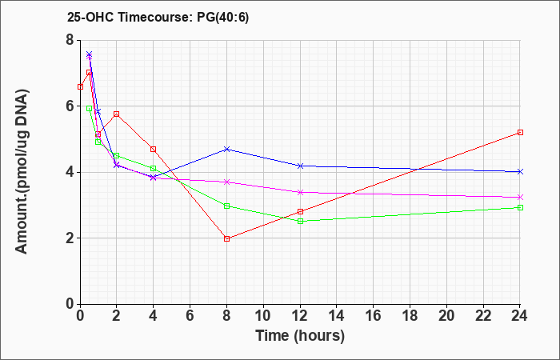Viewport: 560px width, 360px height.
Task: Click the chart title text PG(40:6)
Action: (x=223, y=18)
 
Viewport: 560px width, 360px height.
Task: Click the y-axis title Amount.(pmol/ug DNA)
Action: (x=22, y=172)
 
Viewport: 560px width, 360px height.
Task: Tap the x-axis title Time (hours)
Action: (x=300, y=336)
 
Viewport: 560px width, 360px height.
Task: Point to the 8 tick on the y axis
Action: (x=70, y=40)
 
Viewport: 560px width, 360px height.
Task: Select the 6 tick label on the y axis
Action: (x=70, y=106)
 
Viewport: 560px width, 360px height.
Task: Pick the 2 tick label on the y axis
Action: (x=70, y=238)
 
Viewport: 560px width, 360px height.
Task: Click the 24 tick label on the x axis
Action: (x=520, y=316)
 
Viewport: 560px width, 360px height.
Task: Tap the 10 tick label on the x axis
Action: (x=263, y=316)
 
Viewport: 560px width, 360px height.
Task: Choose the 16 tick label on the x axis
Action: (x=374, y=316)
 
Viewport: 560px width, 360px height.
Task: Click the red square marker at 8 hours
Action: (x=226, y=238)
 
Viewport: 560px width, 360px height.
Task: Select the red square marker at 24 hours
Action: (x=520, y=133)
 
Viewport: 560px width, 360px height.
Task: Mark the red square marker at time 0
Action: (x=80, y=86)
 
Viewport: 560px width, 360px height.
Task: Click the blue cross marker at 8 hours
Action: (x=226, y=149)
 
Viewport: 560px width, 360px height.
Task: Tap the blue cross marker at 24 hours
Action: (x=520, y=172)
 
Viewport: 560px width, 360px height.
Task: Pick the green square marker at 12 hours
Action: (x=300, y=222)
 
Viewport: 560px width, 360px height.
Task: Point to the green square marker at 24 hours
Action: (x=520, y=207)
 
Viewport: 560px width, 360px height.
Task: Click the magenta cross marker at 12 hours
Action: (x=300, y=193)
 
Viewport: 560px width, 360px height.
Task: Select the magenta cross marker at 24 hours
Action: (x=520, y=197)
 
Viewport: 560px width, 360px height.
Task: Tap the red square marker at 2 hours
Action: (x=117, y=114)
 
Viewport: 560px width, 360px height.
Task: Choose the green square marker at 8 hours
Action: (x=226, y=206)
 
